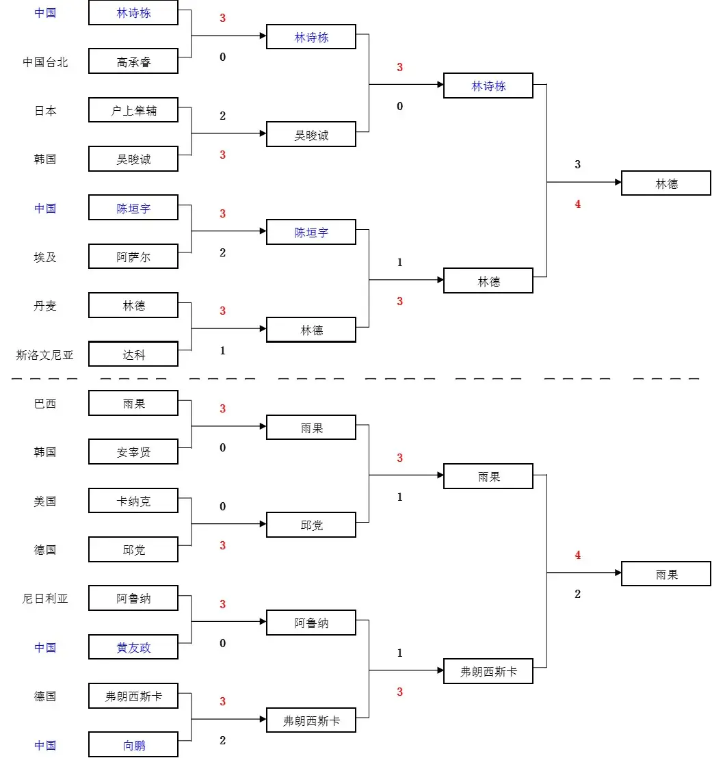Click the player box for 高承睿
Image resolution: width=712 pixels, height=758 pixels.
click(x=133, y=62)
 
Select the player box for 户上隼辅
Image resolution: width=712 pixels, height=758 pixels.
click(x=133, y=110)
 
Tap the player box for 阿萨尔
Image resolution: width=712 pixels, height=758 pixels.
click(x=133, y=257)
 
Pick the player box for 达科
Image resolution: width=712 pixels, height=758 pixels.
click(x=133, y=354)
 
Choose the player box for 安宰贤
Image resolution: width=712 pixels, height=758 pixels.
click(x=133, y=452)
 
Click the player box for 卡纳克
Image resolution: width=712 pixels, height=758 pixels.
click(x=133, y=501)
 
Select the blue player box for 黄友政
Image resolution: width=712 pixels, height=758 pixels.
click(x=133, y=647)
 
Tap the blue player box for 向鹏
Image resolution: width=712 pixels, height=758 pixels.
click(x=133, y=745)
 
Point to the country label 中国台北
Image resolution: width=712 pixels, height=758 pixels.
click(x=45, y=62)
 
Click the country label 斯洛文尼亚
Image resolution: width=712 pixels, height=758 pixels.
click(x=45, y=355)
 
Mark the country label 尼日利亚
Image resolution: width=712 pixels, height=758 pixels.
click(x=45, y=599)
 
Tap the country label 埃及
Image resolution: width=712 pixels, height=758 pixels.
click(x=45, y=257)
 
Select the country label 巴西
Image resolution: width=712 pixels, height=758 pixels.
click(x=45, y=404)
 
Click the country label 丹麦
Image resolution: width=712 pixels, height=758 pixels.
click(x=45, y=306)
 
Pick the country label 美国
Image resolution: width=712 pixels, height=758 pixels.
click(x=45, y=501)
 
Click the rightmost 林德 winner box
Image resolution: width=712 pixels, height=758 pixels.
click(x=665, y=183)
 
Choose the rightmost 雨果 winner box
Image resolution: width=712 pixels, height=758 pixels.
click(x=665, y=574)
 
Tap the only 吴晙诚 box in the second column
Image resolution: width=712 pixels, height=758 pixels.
click(x=311, y=135)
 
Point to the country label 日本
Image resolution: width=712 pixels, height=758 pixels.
click(x=45, y=111)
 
